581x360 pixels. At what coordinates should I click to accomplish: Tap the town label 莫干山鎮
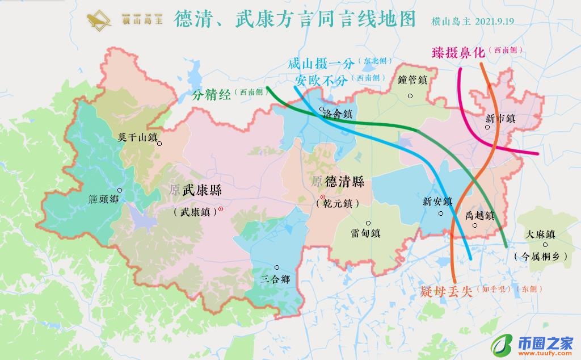[x=137, y=137]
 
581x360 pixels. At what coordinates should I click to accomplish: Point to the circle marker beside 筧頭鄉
[x=120, y=190]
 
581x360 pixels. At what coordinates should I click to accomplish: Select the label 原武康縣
[x=195, y=191]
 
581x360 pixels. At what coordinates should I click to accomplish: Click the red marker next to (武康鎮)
[x=221, y=210]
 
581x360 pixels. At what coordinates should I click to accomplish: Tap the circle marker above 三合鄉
[x=277, y=267]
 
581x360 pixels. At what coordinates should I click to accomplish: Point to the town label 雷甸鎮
[x=365, y=233]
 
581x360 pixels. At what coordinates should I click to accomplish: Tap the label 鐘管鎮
[x=412, y=81]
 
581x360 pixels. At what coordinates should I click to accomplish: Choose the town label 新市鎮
[x=500, y=119]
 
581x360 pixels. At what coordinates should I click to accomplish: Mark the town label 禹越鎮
[x=479, y=216]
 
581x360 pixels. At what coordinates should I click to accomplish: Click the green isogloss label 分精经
[x=212, y=94]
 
